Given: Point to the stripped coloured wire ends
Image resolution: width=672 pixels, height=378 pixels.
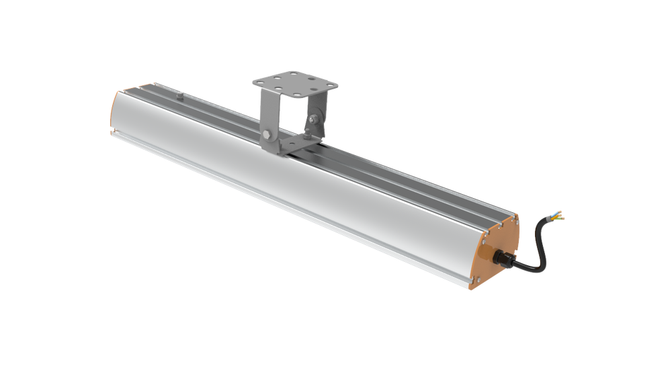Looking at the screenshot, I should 558,216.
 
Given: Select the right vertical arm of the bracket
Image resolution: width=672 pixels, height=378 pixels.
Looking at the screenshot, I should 315,111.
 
